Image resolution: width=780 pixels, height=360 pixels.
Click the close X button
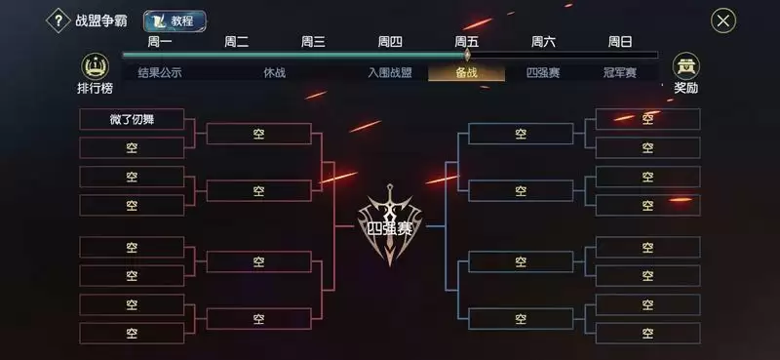click(722, 20)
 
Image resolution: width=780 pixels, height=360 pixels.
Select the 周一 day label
click(160, 42)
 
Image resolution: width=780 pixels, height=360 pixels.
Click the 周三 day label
click(313, 42)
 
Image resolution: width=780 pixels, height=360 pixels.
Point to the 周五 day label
click(467, 42)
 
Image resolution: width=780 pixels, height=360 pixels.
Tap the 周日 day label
click(620, 42)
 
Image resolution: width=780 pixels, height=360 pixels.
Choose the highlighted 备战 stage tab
click(466, 72)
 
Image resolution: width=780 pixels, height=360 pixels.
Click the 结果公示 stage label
click(160, 72)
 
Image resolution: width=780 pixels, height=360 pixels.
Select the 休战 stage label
click(275, 72)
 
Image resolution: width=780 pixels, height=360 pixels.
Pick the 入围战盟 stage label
click(389, 72)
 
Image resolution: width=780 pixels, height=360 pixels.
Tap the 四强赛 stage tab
click(542, 72)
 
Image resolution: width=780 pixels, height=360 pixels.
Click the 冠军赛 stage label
click(619, 72)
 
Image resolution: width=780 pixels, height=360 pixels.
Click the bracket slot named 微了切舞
click(132, 119)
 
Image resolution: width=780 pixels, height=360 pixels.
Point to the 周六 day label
click(543, 42)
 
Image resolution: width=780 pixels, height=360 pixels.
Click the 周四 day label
click(390, 42)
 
